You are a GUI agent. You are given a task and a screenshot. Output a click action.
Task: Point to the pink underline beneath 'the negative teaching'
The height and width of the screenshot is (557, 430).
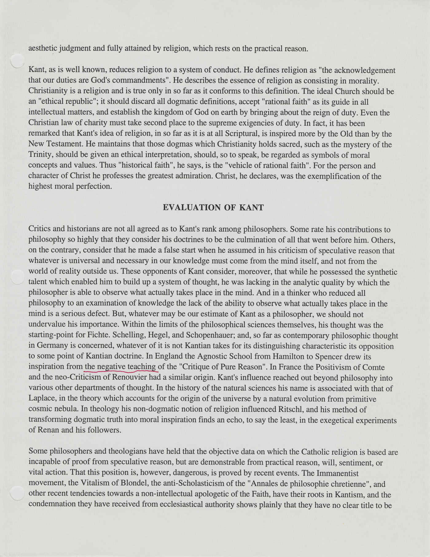[121, 371]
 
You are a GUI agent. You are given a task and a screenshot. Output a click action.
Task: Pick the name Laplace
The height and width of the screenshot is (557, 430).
[41, 399]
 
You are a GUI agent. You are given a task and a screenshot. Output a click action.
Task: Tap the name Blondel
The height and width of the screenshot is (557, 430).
[124, 484]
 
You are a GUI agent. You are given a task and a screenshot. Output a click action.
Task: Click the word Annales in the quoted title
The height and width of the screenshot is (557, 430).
[266, 484]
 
